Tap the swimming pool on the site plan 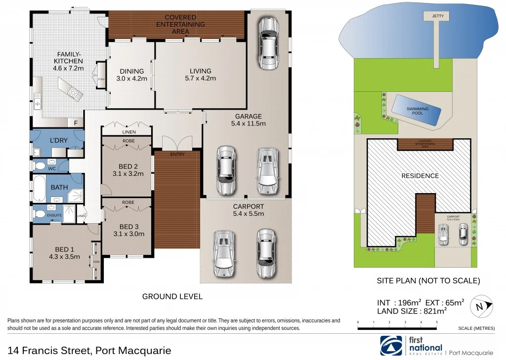pyautogui.click(x=417, y=111)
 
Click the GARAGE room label pyautogui.click(x=249, y=117)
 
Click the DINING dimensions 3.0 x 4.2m pyautogui.click(x=131, y=78)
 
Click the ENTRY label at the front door pyautogui.click(x=177, y=155)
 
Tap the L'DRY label pyautogui.click(x=59, y=141)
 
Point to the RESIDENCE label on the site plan pyautogui.click(x=420, y=176)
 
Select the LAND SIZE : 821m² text pyautogui.click(x=412, y=311)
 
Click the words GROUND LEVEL pyautogui.click(x=172, y=296)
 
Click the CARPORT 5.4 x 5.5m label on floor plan pyautogui.click(x=248, y=210)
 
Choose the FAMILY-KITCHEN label pyautogui.click(x=69, y=61)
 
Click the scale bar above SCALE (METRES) pyautogui.click(x=397, y=328)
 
